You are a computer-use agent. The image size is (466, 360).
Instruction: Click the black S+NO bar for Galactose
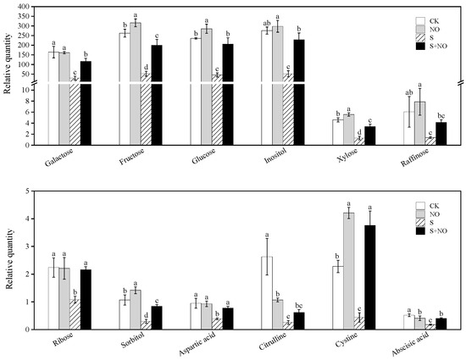tap(86, 102)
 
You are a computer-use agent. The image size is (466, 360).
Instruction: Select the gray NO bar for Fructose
tap(135, 85)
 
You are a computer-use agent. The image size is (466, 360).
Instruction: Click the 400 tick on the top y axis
tap(29, 7)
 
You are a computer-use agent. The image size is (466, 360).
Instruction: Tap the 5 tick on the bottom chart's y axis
tap(33, 191)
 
